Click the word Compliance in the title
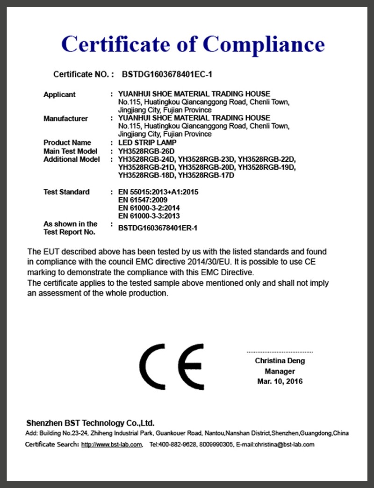point(264,44)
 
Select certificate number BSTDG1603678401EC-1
point(167,74)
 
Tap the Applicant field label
point(59,94)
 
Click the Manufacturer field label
point(65,118)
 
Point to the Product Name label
point(67,143)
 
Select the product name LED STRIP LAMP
point(147,143)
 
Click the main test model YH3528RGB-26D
point(146,151)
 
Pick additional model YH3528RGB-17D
point(206,175)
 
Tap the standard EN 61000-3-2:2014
point(149,208)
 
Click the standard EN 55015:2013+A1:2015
point(158,192)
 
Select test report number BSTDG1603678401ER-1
point(158,228)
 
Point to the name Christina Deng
point(280,361)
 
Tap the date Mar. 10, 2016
point(280,381)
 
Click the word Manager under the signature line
point(280,371)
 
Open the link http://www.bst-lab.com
point(112,445)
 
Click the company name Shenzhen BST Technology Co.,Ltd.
point(90,423)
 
